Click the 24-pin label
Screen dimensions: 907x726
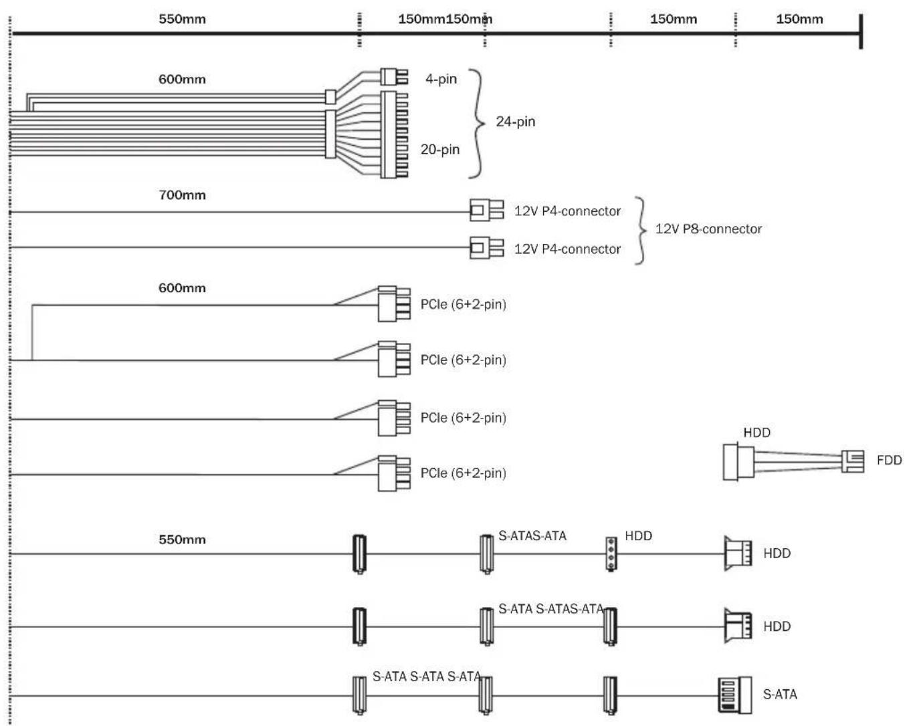515,122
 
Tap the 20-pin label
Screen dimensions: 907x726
439,150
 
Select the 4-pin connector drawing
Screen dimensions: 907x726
394,77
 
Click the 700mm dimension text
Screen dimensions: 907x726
182,195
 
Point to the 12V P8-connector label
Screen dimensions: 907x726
708,229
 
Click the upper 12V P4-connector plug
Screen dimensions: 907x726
486,210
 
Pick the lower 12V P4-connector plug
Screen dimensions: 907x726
486,247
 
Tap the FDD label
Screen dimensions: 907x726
889,460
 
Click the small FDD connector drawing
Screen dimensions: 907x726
852,461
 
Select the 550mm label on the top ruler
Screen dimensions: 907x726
182,19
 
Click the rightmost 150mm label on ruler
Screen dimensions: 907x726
799,19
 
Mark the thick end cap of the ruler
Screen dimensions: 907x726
861,31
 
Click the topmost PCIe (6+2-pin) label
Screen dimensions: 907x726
463,304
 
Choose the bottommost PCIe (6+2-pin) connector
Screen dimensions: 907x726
394,473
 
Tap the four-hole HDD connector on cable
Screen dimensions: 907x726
611,554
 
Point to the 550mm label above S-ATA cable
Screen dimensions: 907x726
182,539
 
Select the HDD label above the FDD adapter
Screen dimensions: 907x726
757,433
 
